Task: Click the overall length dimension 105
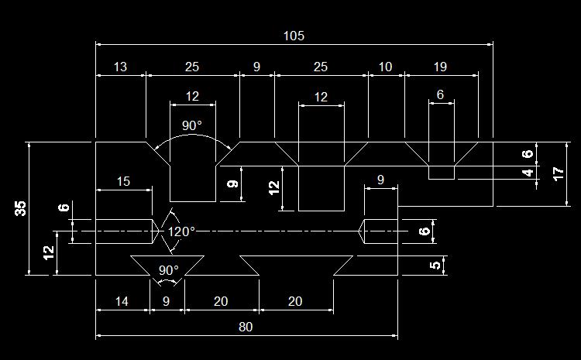point(294,36)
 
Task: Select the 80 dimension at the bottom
point(246,327)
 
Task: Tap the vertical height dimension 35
point(21,207)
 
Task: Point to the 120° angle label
point(181,231)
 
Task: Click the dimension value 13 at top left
point(120,67)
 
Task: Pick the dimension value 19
point(439,67)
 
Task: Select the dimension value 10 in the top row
point(385,67)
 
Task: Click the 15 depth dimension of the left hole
point(123,181)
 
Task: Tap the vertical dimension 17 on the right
point(559,173)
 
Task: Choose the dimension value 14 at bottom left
point(122,301)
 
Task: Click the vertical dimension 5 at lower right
point(436,265)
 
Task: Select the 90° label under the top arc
point(192,125)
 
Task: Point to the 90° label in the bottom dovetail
point(168,270)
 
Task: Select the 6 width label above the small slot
point(441,94)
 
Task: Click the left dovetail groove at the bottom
point(167,263)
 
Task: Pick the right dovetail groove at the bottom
point(297,264)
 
